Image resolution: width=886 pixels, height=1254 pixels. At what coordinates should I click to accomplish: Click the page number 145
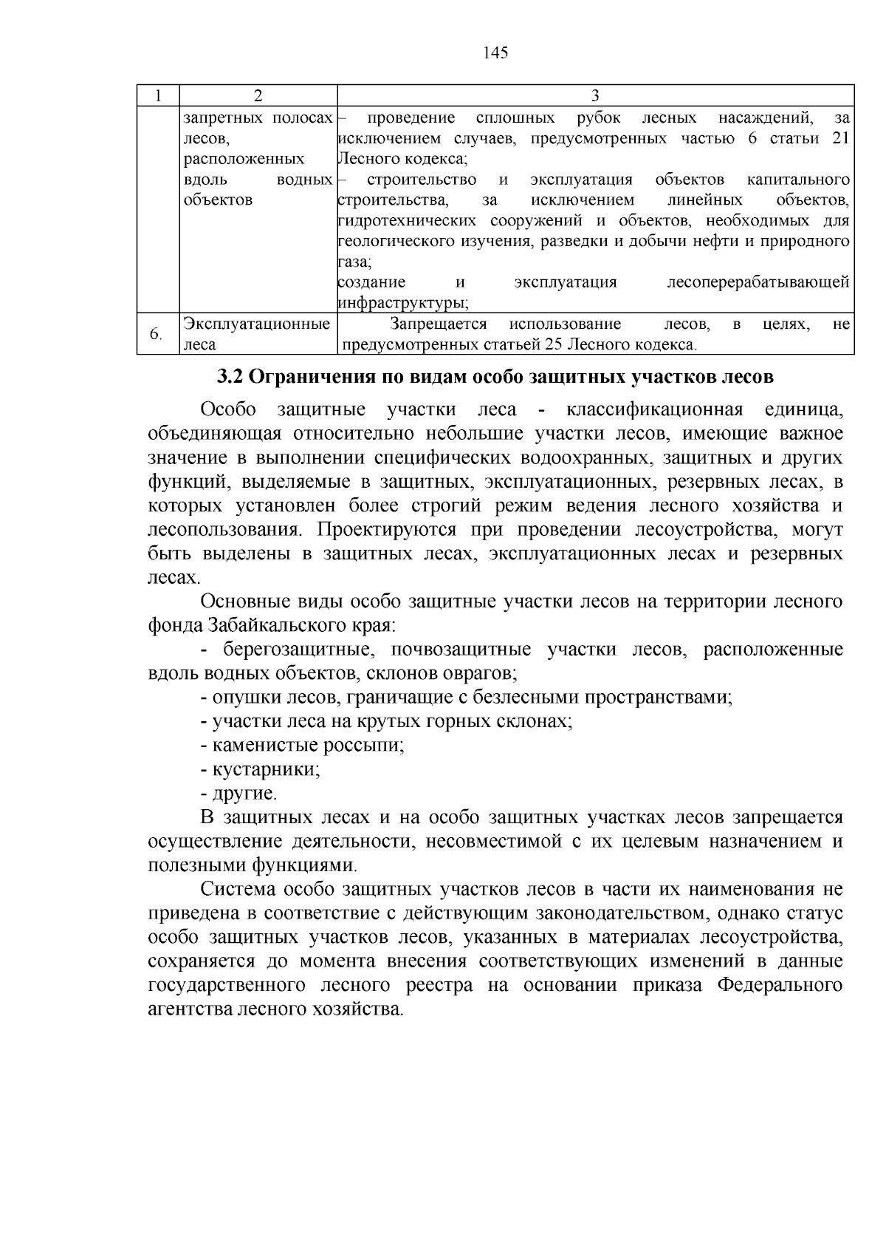click(x=495, y=52)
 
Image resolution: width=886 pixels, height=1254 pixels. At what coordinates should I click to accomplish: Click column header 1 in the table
click(x=157, y=95)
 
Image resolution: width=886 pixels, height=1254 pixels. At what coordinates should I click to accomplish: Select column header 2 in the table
click(x=258, y=95)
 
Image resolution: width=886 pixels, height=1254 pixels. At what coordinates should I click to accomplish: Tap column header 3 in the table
click(x=595, y=95)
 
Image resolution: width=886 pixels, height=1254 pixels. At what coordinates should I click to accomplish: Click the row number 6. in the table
click(x=156, y=335)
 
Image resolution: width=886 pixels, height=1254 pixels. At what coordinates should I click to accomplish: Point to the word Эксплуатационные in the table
click(x=256, y=324)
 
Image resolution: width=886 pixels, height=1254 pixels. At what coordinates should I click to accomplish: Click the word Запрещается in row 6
click(x=439, y=324)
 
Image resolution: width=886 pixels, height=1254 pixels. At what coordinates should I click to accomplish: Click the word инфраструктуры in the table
click(x=402, y=303)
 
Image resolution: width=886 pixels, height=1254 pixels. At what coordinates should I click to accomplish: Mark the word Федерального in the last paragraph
click(x=780, y=986)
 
